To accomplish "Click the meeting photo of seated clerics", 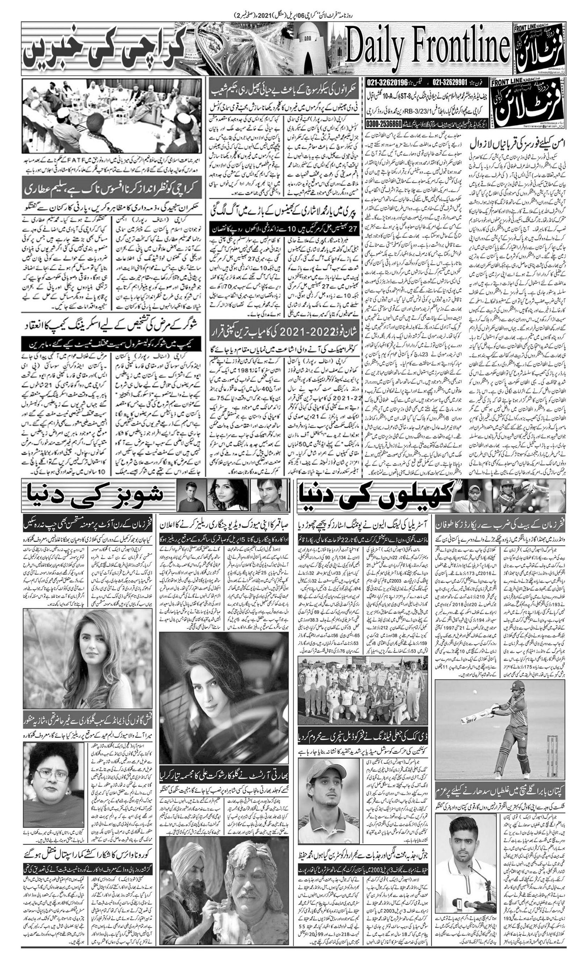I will point(112,116).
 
